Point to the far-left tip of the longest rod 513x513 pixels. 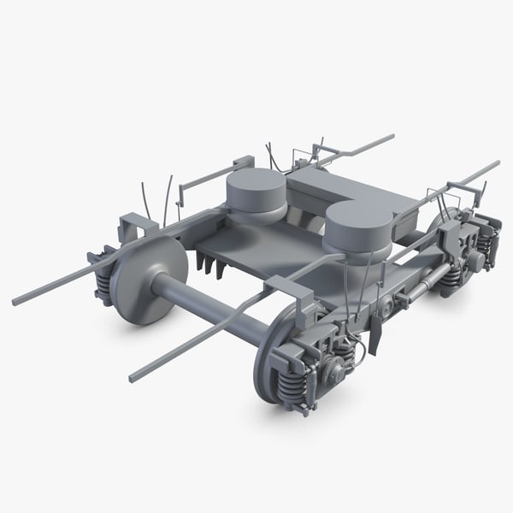pos(15,302)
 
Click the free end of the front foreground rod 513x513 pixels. pos(133,377)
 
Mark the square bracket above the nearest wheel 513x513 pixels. pos(289,290)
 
